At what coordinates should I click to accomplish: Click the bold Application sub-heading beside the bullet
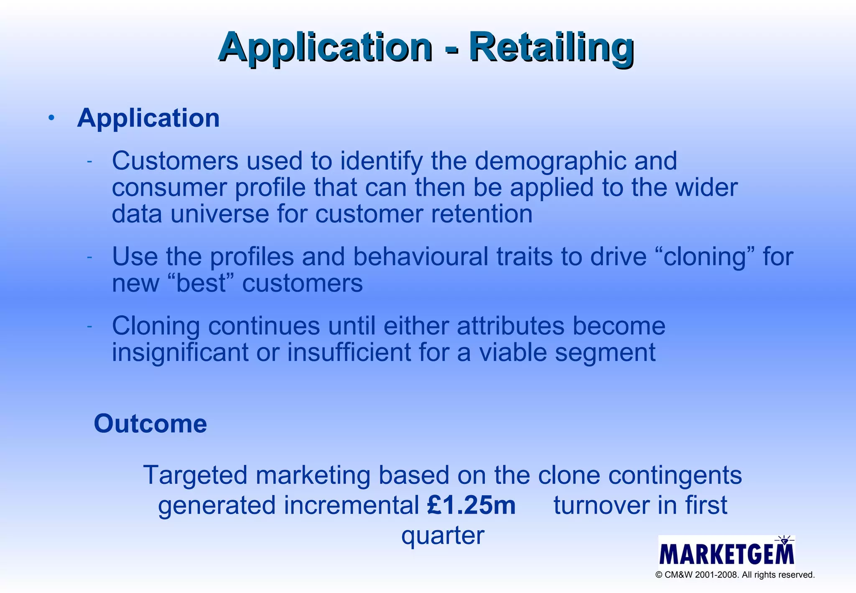(148, 118)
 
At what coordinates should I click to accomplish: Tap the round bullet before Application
(51, 118)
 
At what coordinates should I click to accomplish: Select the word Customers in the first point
(175, 161)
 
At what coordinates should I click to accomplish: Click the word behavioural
(420, 256)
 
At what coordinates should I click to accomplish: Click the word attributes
(510, 326)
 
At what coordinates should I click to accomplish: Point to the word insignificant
(180, 353)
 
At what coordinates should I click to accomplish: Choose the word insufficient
(349, 353)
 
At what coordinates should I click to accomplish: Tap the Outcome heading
(150, 424)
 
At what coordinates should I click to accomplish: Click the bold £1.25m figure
(471, 505)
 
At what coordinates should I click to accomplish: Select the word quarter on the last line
(443, 536)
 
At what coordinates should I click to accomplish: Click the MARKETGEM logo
(726, 552)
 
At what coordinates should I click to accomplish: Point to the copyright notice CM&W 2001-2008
(735, 575)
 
